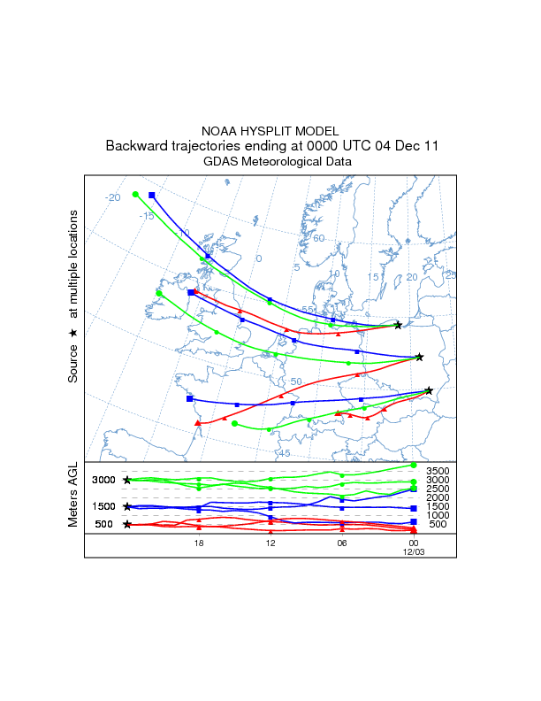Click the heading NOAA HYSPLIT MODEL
pyautogui.click(x=270, y=131)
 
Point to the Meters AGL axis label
pyautogui.click(x=73, y=496)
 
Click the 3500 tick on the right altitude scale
pyautogui.click(x=438, y=471)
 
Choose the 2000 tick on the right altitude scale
pyautogui.click(x=438, y=497)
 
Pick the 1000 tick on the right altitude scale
pyautogui.click(x=438, y=515)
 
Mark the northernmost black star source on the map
pyautogui.click(x=398, y=325)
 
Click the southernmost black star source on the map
pyautogui.click(x=429, y=390)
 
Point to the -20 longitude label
pyautogui.click(x=112, y=197)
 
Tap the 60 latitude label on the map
pyautogui.click(x=319, y=238)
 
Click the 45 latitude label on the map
pyautogui.click(x=284, y=453)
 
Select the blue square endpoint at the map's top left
pyautogui.click(x=152, y=195)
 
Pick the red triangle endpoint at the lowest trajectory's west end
pyautogui.click(x=198, y=423)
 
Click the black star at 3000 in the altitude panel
pyautogui.click(x=127, y=480)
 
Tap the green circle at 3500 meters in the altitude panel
pyautogui.click(x=414, y=466)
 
